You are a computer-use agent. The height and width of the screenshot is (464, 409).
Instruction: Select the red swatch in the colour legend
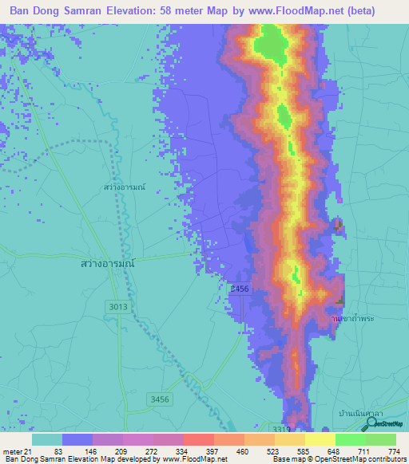[x=198, y=439]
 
